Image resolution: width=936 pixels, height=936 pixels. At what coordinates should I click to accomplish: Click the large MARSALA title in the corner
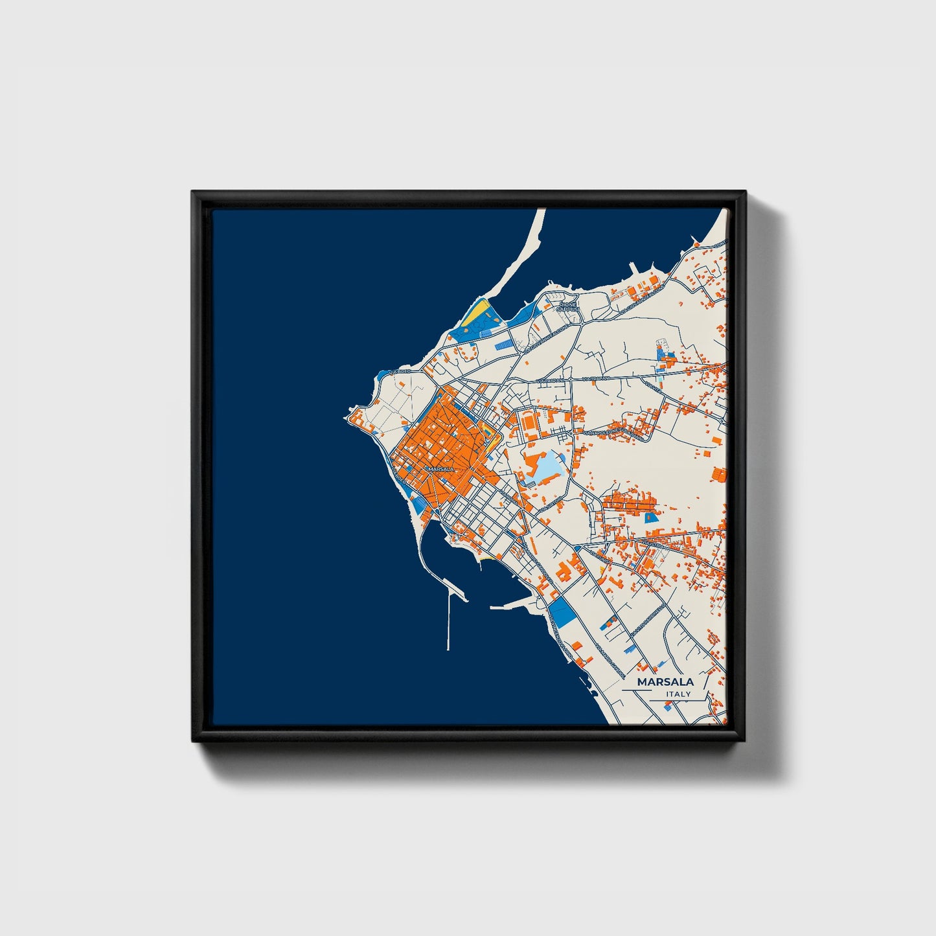point(665,681)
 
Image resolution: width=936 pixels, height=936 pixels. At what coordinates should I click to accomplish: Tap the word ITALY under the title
point(678,694)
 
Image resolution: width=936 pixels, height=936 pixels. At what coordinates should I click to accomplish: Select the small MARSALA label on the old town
point(441,468)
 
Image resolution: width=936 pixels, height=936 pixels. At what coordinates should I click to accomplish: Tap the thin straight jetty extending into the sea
point(448,622)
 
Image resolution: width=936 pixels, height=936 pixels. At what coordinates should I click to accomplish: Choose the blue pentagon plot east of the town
point(650,517)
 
